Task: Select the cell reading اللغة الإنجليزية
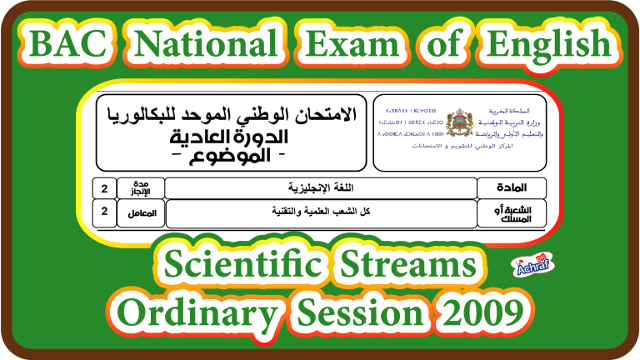click(320, 187)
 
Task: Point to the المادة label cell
click(512, 187)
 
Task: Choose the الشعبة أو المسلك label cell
click(512, 212)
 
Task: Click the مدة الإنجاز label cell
click(140, 187)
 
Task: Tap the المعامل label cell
click(140, 212)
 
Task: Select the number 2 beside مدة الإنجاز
click(104, 187)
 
